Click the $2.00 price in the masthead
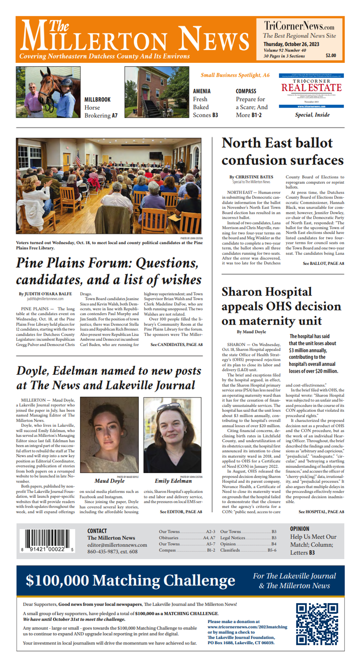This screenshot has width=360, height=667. (x=331, y=55)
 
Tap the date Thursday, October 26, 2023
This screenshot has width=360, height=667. (x=291, y=44)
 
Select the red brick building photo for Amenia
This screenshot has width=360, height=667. (x=157, y=92)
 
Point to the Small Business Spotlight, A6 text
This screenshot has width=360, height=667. (x=235, y=75)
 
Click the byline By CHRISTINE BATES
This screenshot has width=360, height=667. (x=251, y=177)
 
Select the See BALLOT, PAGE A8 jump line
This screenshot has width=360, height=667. (x=323, y=263)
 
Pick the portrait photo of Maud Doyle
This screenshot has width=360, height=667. (x=109, y=435)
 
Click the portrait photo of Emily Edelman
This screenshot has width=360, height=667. (x=172, y=435)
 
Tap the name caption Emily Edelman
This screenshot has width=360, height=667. (x=173, y=481)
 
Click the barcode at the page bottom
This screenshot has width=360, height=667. (x=47, y=540)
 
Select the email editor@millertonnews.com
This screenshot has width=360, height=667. (x=117, y=545)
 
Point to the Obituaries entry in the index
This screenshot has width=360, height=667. (x=169, y=538)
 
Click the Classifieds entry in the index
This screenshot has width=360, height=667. (x=230, y=550)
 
